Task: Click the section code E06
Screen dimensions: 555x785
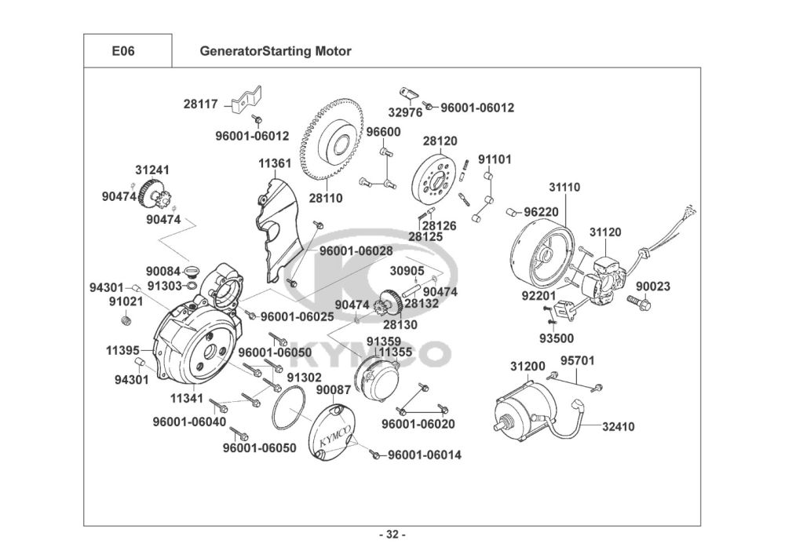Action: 123,52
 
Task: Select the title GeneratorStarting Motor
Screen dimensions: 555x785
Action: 275,52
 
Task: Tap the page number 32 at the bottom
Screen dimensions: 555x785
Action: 392,535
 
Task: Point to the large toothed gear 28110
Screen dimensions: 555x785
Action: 338,141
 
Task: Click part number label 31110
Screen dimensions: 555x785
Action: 564,188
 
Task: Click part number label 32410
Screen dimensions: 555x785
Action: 619,427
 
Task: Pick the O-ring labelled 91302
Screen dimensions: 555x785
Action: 288,410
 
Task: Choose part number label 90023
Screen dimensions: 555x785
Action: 653,287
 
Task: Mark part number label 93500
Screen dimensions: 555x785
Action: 556,338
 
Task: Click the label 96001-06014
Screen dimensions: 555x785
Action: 425,455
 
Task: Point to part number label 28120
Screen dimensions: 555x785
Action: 440,141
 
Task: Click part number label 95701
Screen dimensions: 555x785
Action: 577,361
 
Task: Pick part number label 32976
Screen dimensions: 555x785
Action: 404,112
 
